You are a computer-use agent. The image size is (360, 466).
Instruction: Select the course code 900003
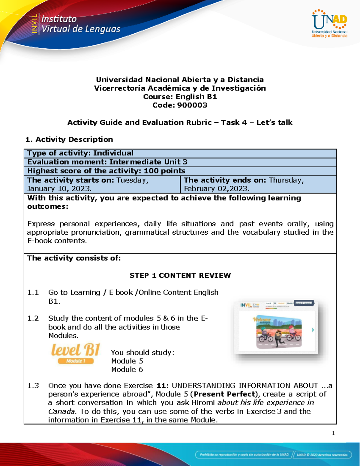pos(192,105)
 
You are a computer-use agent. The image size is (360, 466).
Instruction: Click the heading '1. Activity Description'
pos(69,139)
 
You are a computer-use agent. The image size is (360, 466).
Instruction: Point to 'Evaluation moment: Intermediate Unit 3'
pos(107,162)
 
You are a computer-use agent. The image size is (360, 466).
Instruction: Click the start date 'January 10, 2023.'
pos(59,188)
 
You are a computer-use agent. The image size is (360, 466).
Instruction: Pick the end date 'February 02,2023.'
pos(216,188)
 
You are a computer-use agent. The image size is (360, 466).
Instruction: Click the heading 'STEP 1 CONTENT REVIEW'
pos(180,275)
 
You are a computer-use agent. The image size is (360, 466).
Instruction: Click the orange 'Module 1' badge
pos(76,361)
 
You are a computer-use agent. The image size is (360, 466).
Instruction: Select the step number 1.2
pos(33,318)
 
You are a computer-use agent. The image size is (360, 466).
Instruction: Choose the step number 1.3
pos(33,386)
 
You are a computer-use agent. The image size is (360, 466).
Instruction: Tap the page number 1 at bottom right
pos(333,433)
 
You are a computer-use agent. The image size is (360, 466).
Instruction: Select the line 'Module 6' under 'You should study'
pos(127,369)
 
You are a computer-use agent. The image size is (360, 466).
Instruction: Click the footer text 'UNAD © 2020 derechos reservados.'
pos(322,455)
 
